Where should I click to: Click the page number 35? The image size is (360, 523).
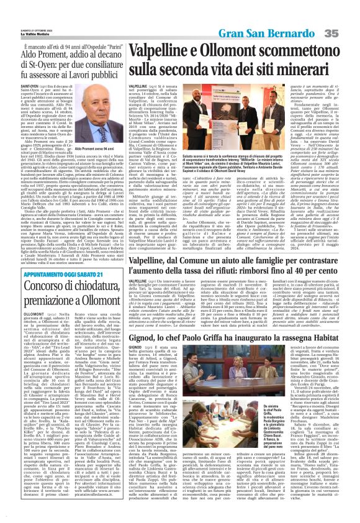point(348,32)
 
